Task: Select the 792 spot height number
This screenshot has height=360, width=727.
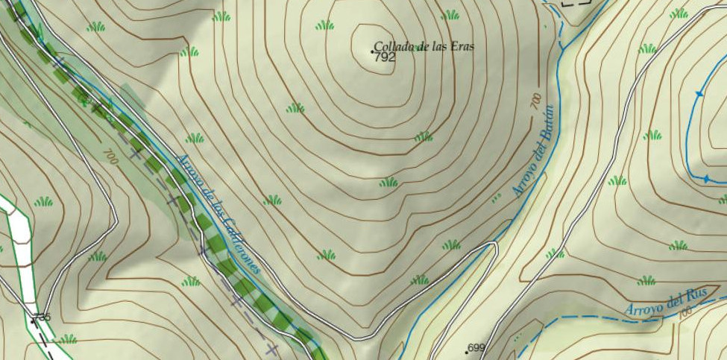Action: coord(385,57)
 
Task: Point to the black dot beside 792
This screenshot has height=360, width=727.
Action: coord(373,51)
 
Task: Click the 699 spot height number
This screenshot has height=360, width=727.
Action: coord(476,348)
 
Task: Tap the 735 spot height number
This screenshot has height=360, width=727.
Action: coord(42,318)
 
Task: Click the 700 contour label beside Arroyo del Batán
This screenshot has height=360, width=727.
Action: coord(535,101)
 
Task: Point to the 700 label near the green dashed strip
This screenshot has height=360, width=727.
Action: coord(110,157)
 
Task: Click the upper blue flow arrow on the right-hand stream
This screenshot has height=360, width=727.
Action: coord(699,94)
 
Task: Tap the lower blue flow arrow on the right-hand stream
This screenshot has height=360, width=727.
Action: coord(706,179)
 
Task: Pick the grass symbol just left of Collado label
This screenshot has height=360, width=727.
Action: coord(324,25)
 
